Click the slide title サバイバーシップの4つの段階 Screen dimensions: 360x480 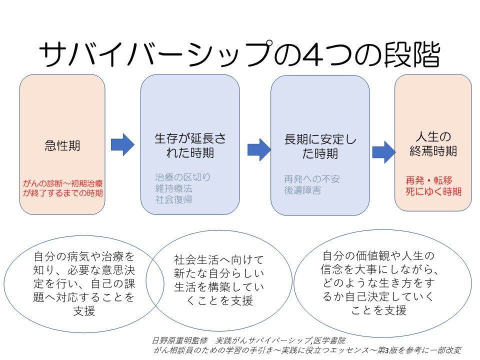239,54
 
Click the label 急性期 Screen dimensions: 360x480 62,146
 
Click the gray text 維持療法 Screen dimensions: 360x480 173,188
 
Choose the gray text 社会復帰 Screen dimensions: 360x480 173,199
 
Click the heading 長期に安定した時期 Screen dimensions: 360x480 320,146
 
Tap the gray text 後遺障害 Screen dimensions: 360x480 302,190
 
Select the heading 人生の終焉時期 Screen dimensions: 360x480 433,143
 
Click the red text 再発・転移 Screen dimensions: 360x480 433,180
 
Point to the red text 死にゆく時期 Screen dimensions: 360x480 433,191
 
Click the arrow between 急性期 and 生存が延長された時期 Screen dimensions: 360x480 122,144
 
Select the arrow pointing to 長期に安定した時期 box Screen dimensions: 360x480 259,148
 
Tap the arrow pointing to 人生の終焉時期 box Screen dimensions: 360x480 383,150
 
